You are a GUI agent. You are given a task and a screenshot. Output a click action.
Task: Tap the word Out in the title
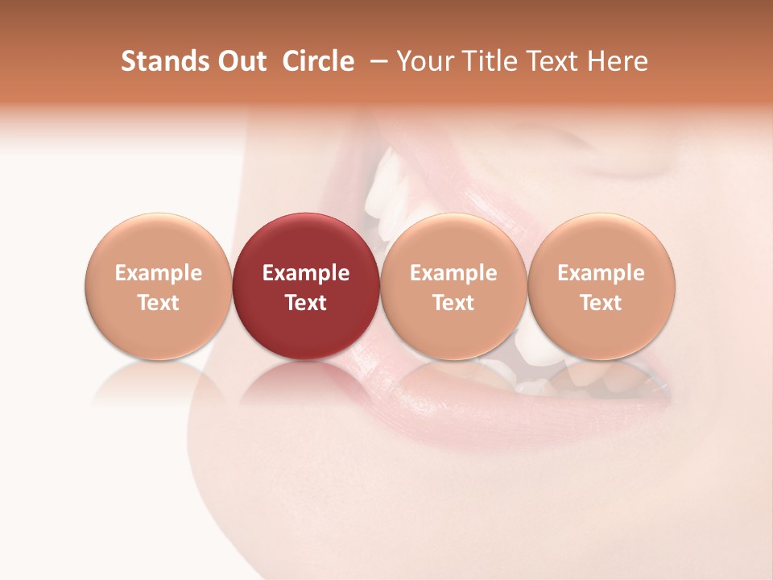click(x=239, y=61)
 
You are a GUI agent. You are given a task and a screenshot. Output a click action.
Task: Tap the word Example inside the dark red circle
click(x=306, y=273)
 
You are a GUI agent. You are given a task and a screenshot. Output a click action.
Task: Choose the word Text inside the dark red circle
click(x=306, y=303)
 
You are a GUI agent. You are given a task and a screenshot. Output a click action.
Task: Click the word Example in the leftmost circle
click(x=159, y=273)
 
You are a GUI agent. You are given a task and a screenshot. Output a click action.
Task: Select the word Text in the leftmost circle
click(x=159, y=303)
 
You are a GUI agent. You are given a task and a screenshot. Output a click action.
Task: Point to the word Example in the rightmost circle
click(x=601, y=273)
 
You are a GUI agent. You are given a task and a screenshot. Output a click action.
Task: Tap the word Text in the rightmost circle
click(x=601, y=303)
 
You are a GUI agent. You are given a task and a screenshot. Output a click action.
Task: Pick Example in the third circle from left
click(x=453, y=273)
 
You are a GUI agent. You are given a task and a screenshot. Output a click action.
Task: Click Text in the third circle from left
click(x=453, y=303)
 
